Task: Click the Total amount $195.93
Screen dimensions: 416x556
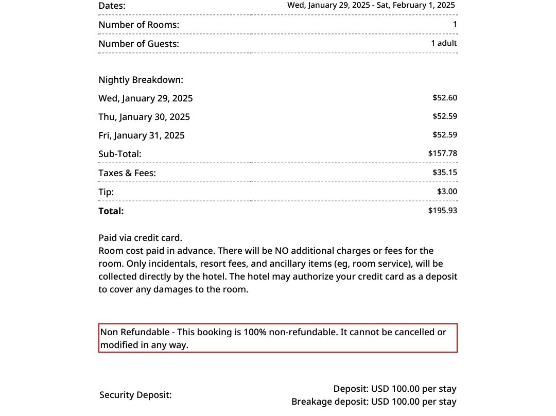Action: click(x=442, y=211)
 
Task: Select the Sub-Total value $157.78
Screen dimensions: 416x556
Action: click(x=442, y=153)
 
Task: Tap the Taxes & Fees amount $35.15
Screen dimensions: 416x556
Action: click(x=444, y=172)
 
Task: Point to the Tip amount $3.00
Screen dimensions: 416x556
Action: click(x=447, y=192)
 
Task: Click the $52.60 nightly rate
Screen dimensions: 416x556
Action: click(x=444, y=98)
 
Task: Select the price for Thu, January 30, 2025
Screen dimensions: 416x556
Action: click(x=444, y=116)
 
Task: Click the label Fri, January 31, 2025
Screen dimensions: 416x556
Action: click(x=142, y=135)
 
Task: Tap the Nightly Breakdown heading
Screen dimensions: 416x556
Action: click(x=141, y=80)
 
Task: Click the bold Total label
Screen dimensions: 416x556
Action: click(x=111, y=211)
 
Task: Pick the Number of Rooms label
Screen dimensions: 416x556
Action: click(x=138, y=25)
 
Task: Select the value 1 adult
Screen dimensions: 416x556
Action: click(x=444, y=43)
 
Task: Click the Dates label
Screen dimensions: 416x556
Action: click(x=112, y=6)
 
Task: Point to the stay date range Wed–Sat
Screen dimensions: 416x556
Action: click(x=371, y=5)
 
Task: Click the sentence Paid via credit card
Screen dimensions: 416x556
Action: click(x=140, y=238)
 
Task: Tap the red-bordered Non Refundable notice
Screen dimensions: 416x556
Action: click(x=277, y=338)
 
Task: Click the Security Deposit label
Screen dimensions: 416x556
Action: click(x=135, y=395)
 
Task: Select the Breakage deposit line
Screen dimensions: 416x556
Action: click(x=374, y=402)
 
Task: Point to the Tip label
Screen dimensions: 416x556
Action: click(x=106, y=192)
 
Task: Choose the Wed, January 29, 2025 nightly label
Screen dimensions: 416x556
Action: click(x=146, y=98)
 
